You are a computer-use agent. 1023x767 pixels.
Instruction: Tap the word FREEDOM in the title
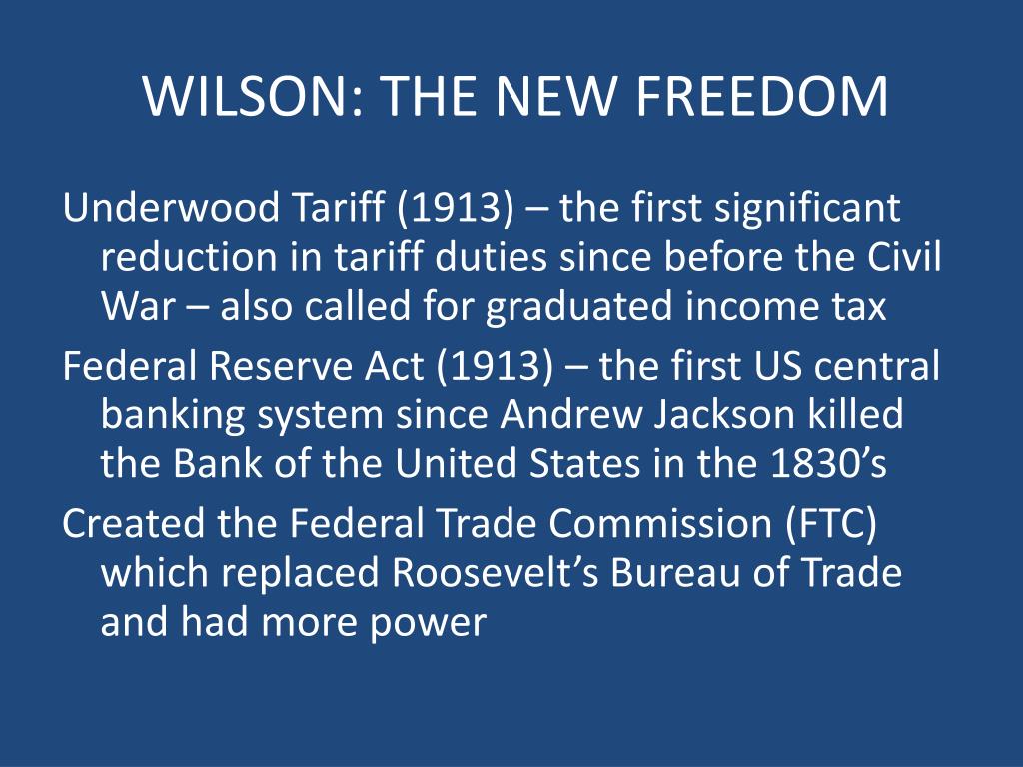[761, 97]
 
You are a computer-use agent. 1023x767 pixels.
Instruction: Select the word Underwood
[171, 208]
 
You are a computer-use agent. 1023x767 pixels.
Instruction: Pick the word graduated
[578, 307]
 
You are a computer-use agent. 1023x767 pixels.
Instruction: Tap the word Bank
[217, 463]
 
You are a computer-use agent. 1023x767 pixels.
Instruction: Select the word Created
[133, 523]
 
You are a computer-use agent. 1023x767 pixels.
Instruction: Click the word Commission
[660, 523]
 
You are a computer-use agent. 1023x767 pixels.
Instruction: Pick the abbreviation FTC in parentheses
[831, 523]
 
